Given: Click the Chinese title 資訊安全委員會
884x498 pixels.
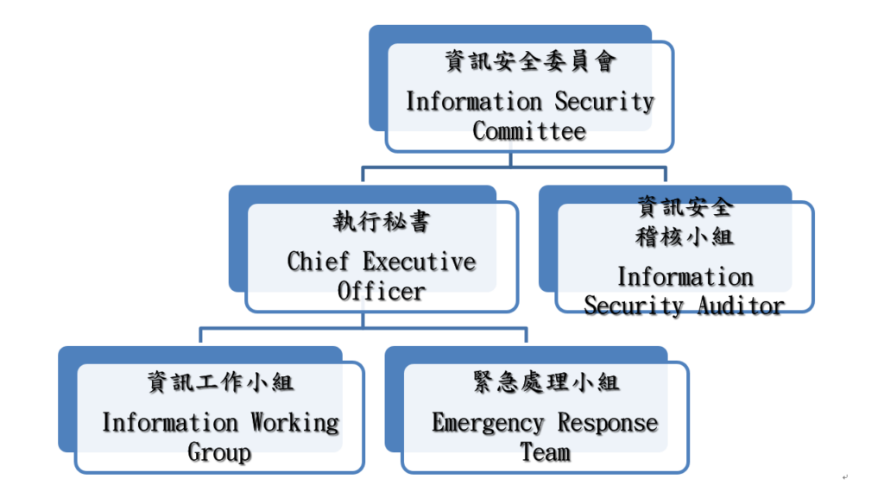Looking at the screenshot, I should pyautogui.click(x=530, y=61).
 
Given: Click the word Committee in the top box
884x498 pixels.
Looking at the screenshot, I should pyautogui.click(x=529, y=131).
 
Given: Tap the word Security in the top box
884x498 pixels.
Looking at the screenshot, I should pyautogui.click(x=604, y=101).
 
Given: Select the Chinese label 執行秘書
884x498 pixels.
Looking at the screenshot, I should pyautogui.click(x=381, y=222).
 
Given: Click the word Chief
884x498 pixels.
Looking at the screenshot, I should pyautogui.click(x=318, y=261).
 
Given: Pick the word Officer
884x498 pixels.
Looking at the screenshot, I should pyautogui.click(x=381, y=291).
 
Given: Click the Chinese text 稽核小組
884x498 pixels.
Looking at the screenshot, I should pyautogui.click(x=685, y=236).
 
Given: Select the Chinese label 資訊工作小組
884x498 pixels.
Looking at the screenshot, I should pyautogui.click(x=220, y=383).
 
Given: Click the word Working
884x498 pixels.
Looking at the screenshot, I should pyautogui.click(x=295, y=422).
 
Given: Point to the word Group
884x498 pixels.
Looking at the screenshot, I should pyautogui.click(x=219, y=452).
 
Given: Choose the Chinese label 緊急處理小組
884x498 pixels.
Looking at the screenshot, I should pyautogui.click(x=546, y=382).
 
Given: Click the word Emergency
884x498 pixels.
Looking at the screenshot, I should pyautogui.click(x=488, y=423).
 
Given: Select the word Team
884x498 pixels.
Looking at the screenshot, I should pyautogui.click(x=545, y=452).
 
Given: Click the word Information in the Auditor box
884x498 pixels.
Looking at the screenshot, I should pyautogui.click(x=685, y=276).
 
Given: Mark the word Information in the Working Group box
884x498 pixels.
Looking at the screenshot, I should pyautogui.click(x=169, y=422).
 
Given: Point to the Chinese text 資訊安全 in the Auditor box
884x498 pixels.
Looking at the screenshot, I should pyautogui.click(x=685, y=207).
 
